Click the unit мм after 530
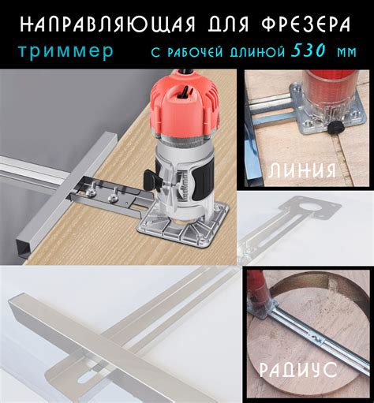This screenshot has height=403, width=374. click(346, 52)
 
